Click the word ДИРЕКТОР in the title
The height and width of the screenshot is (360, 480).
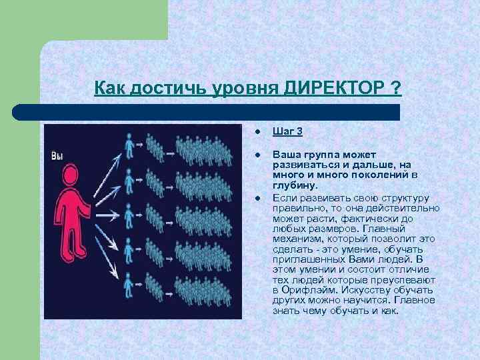click(x=333, y=88)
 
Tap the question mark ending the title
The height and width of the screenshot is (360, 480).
click(x=397, y=88)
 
